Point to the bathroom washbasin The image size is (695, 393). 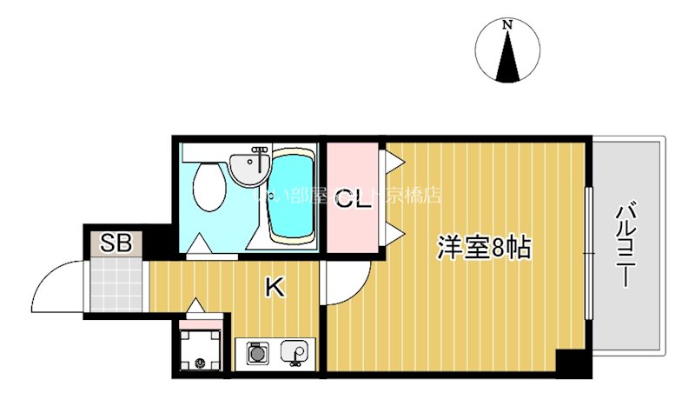(251, 166)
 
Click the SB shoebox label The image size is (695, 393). (116, 243)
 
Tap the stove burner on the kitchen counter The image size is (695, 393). (256, 354)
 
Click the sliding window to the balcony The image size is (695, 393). (589, 252)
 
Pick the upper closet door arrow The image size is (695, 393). (391, 160)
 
